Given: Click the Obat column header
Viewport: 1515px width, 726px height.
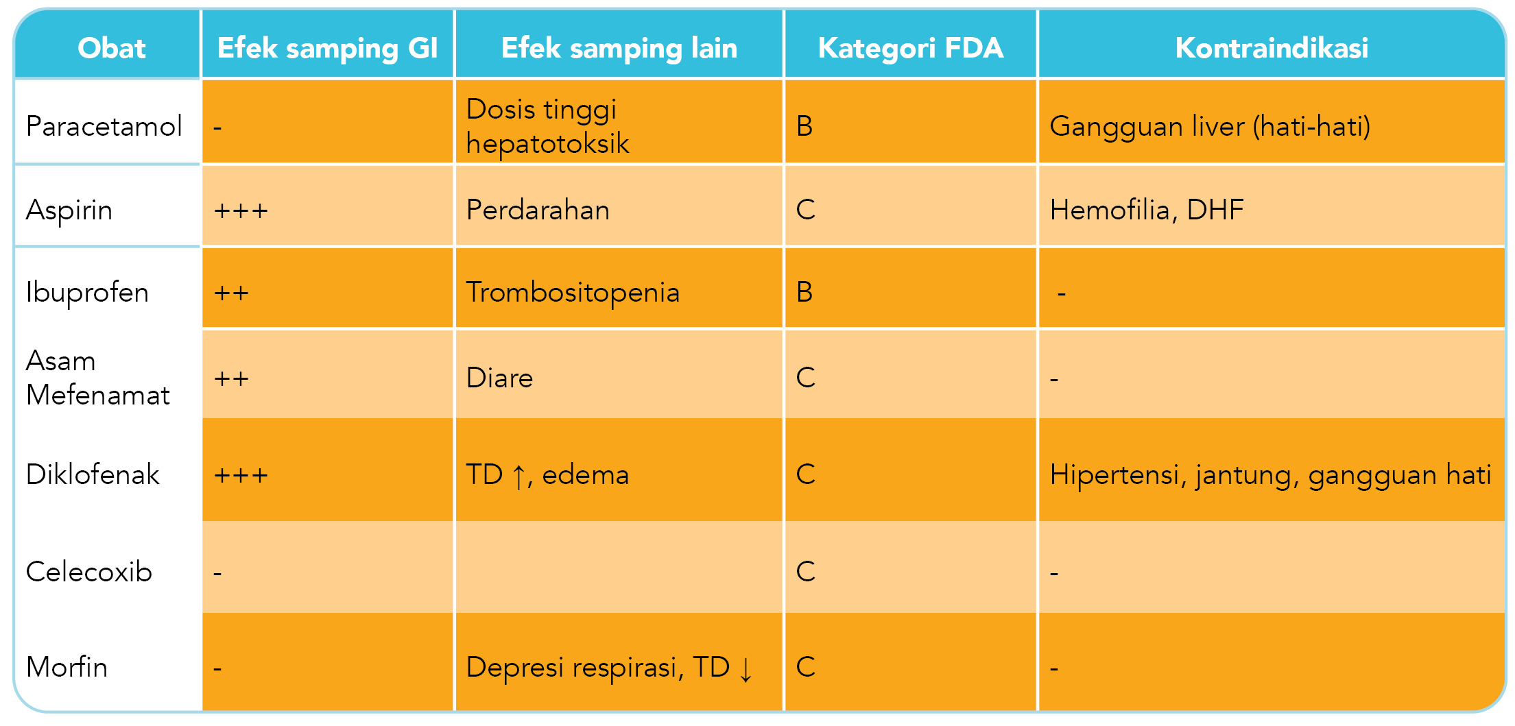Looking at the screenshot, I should pos(111,48).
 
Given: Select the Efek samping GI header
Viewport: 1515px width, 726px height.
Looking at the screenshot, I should pos(327,48).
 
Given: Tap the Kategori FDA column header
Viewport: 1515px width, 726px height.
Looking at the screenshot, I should pos(910,48).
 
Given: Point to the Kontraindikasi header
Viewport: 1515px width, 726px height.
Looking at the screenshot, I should pos(1271,48).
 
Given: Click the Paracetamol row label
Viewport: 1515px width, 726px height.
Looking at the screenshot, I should pos(104,126).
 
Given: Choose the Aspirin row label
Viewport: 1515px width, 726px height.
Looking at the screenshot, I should pos(69,210).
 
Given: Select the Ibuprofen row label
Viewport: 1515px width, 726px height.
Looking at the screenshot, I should pos(87,293).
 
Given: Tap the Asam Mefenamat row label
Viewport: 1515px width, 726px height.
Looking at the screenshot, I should pos(97,378).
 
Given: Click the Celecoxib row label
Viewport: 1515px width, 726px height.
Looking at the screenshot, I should pos(88,572).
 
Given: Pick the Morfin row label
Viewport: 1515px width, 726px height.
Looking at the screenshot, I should pos(67,667).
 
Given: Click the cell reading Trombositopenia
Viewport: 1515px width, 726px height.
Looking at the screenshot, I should pos(573,293).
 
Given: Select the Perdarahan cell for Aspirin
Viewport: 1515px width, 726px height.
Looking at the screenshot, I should pos(538,210).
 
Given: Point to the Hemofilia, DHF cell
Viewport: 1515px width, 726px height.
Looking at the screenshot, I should pos(1147,210).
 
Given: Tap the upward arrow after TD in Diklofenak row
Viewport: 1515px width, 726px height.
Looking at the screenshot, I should pos(519,476).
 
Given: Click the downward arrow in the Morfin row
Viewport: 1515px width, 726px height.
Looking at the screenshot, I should pos(746,669).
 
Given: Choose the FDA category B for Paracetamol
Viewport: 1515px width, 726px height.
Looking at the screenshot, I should pos(804,126).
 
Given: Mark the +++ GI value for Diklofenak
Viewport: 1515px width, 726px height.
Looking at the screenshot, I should pos(241,475).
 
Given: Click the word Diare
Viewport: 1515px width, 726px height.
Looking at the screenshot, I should pos(499,378).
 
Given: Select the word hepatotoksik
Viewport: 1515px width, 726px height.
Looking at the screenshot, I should pos(547,143).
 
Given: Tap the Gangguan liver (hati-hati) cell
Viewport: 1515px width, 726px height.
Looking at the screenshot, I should pos(1210,126).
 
